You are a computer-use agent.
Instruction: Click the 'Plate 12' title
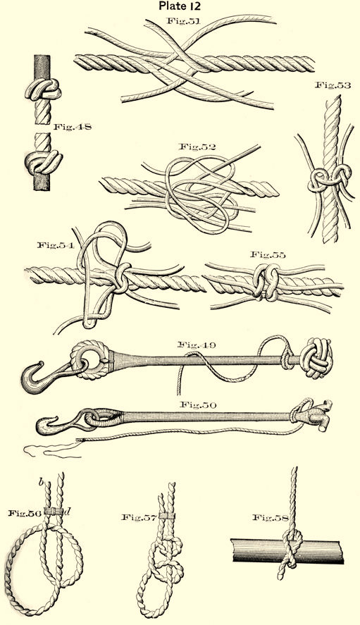pos(180,6)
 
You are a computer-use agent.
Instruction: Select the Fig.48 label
pos(73,127)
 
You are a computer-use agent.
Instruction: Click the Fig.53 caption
pos(333,85)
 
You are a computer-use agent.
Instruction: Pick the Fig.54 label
pos(56,245)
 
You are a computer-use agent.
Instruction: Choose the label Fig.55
pos(268,255)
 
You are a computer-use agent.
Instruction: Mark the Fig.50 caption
pos(198,405)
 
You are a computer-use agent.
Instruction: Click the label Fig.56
pos(25,513)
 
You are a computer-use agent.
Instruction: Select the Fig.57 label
pos(138,517)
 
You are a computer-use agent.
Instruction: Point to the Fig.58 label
pos(271,517)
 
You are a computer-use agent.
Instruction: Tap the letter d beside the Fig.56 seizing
pos(68,512)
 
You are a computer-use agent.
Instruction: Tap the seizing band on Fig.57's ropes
pos(167,516)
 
